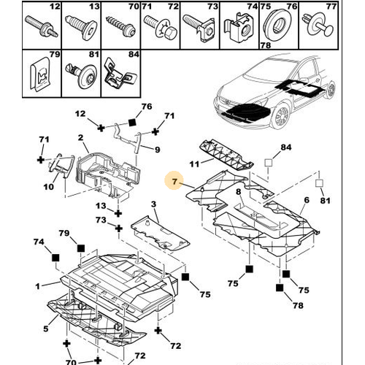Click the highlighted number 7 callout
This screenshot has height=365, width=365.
pos(174,182)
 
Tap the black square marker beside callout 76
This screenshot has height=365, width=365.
pos(132,122)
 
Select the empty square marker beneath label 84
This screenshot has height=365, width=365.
pos(269,162)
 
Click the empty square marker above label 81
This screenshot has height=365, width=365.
pos(319,183)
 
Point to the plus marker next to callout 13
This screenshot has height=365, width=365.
pos(118,213)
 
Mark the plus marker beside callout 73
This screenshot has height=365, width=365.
pos(119,228)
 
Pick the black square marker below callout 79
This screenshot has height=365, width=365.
pos(81,248)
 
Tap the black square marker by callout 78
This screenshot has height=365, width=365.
pos(280,288)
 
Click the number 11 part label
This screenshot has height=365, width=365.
pos(194,164)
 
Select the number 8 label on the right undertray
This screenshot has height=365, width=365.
pos(239,192)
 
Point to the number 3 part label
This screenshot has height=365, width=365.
pos(153,204)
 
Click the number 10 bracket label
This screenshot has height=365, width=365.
pos(49,187)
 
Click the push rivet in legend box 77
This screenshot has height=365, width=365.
pos(318,26)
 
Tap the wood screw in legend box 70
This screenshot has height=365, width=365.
pos(120,27)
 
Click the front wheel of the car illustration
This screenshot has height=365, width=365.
pos(280,117)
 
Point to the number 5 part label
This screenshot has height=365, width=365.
pos(46,328)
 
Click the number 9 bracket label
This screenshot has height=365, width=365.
pos(158,150)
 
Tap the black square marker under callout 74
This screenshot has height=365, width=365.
pos(55,258)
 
